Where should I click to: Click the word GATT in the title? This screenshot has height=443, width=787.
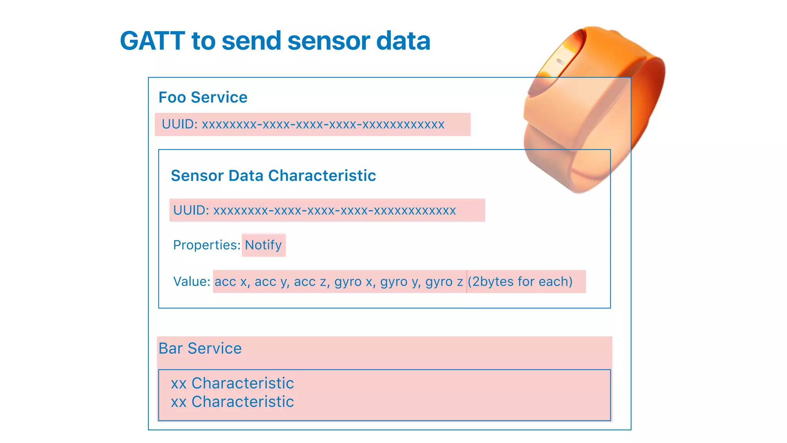click(153, 41)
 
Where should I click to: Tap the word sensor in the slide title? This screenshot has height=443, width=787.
click(328, 41)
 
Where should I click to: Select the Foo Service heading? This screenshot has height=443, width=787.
click(203, 97)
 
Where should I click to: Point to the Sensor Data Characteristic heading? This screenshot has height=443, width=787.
click(273, 176)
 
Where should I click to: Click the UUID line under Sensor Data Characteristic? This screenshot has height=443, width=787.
click(314, 210)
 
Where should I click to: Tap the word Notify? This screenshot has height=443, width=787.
click(263, 245)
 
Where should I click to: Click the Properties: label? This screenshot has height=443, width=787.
click(207, 245)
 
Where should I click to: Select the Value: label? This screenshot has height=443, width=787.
click(191, 281)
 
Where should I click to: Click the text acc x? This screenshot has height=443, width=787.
click(231, 282)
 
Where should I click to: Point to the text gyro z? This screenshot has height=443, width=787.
click(444, 282)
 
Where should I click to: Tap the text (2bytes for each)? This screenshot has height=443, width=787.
click(520, 281)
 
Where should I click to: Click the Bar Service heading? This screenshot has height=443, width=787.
click(200, 348)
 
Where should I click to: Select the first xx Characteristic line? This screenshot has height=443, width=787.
click(232, 383)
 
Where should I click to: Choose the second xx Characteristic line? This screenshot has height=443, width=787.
click(232, 401)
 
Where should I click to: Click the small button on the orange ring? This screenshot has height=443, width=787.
click(560, 62)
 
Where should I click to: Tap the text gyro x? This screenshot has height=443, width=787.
click(353, 282)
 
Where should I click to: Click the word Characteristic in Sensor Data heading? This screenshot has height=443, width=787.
click(322, 176)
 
